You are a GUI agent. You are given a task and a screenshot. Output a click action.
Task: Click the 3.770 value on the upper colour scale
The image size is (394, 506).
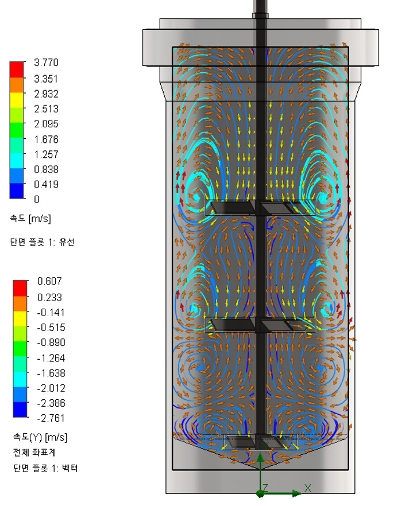click(46, 63)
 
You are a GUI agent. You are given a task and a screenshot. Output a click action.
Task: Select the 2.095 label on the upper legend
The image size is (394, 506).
click(46, 124)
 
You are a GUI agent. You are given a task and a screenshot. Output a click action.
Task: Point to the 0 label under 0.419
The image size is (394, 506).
click(37, 200)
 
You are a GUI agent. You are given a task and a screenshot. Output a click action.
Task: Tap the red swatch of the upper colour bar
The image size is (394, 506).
click(17, 69)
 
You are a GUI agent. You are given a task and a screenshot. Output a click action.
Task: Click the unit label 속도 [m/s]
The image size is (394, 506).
click(30, 219)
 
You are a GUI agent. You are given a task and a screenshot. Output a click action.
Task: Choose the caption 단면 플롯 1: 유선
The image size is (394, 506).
click(43, 242)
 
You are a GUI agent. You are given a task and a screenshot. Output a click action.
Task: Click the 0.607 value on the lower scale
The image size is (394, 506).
click(49, 281)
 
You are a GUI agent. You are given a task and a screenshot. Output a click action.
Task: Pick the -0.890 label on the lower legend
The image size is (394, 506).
click(51, 342)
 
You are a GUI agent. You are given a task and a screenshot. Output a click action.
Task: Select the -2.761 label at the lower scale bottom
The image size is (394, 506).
click(51, 418)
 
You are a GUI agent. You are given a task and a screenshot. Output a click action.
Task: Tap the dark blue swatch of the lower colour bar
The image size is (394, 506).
click(20, 410)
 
